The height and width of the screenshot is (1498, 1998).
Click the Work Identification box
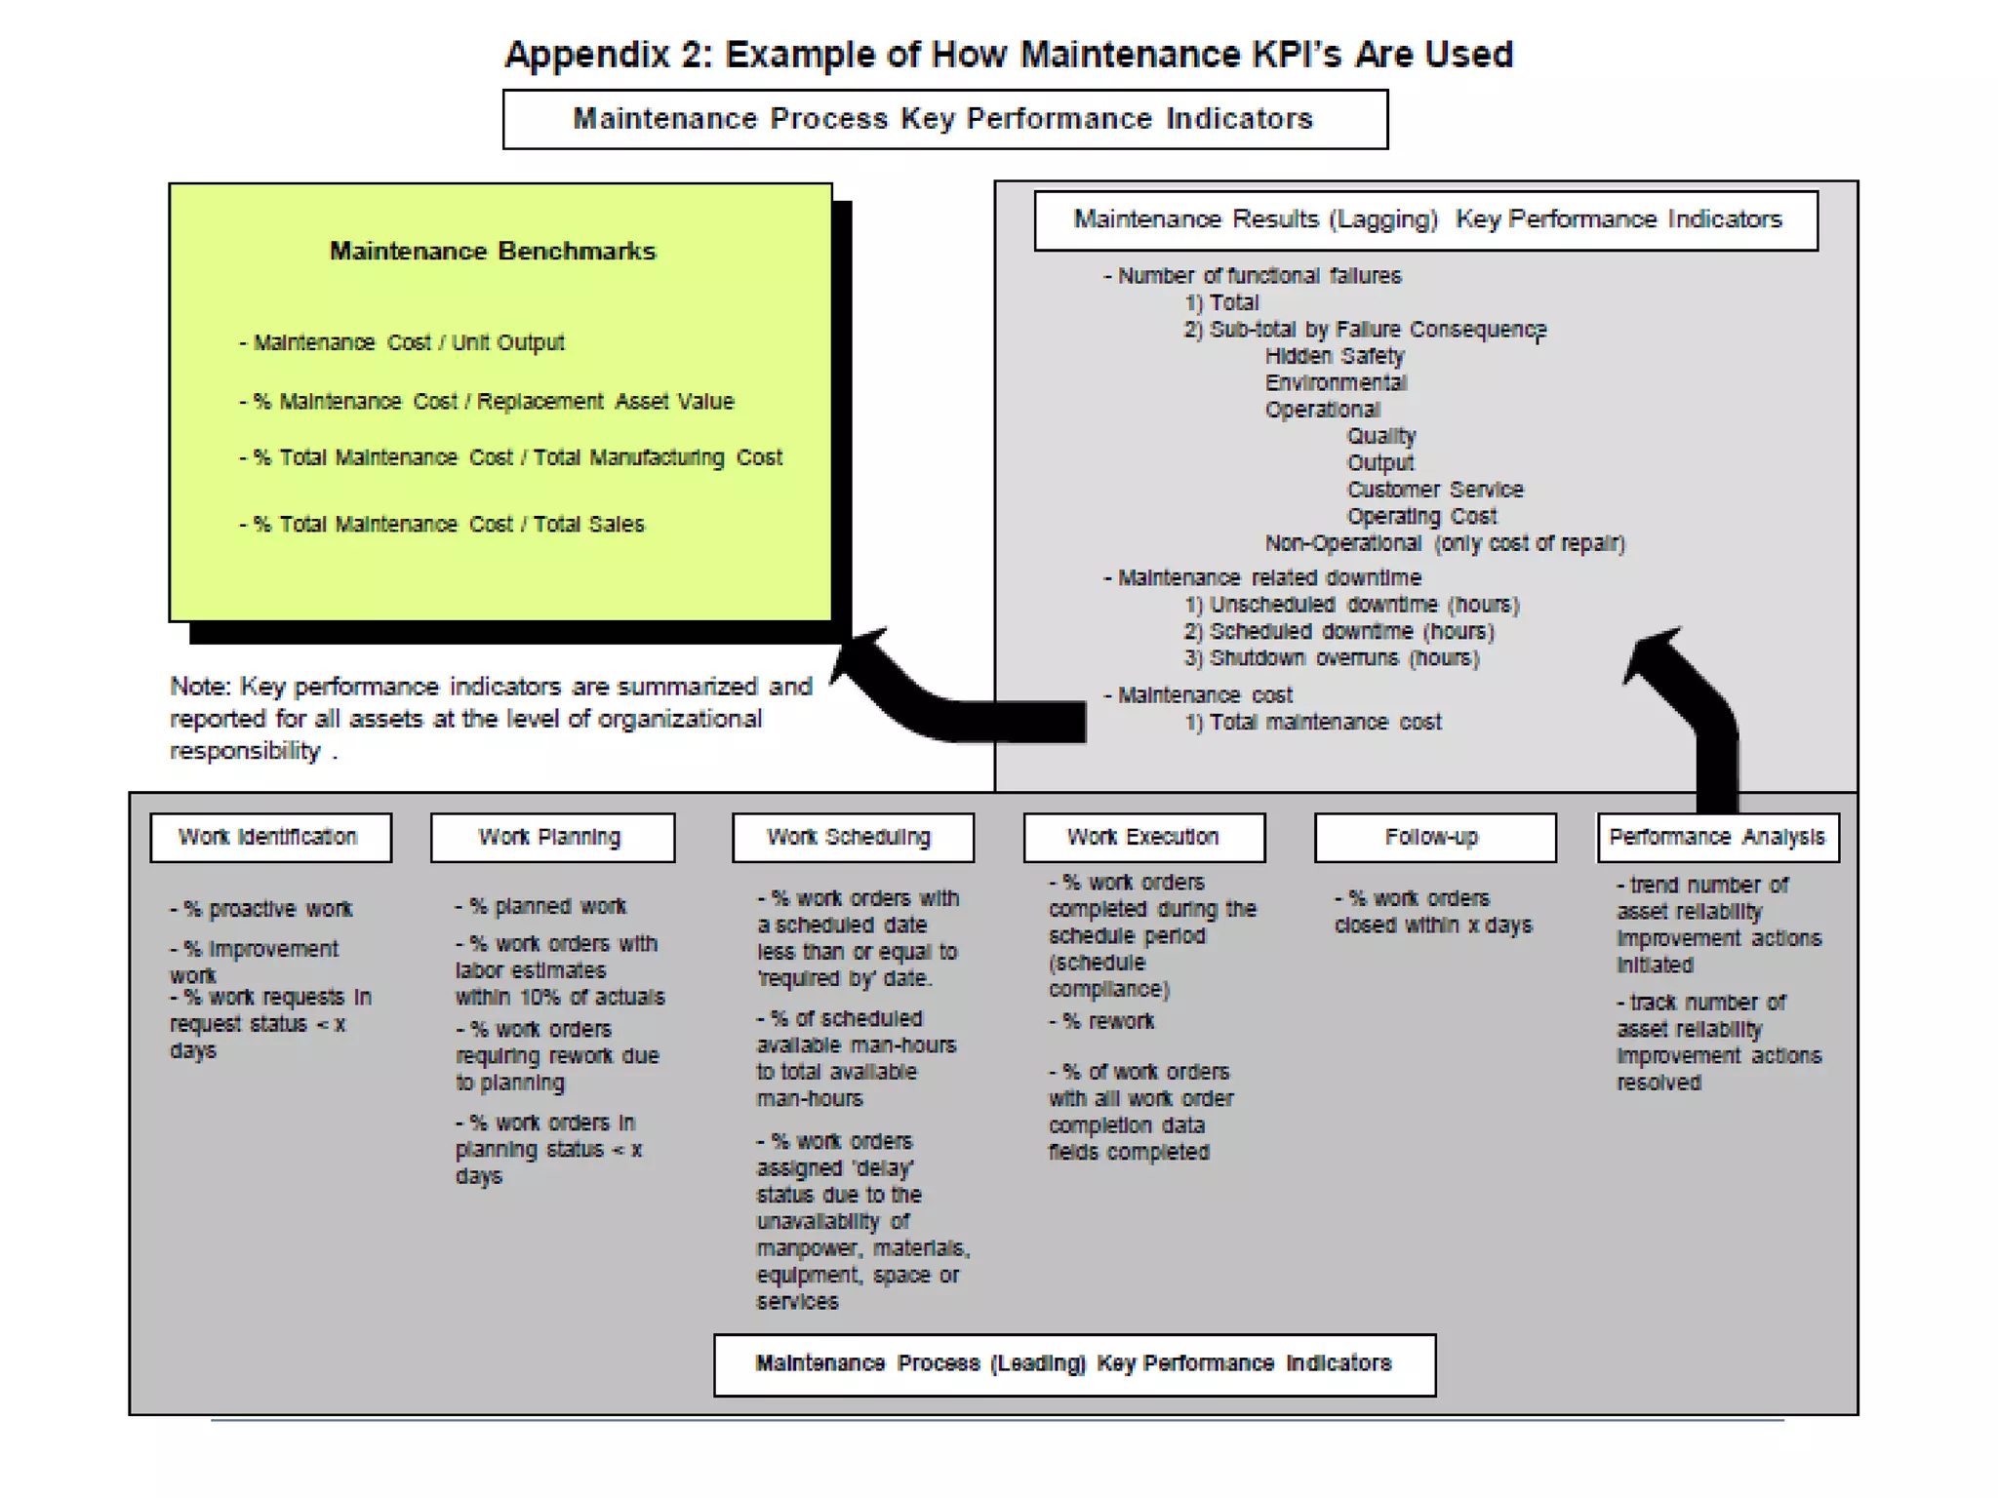270,838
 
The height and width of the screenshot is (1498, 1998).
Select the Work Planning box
552,838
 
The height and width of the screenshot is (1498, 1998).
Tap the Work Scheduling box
853,838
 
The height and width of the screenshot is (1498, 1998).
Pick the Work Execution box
1143,838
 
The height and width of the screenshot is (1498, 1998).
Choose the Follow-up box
1434,838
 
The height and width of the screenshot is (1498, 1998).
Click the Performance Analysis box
1717,838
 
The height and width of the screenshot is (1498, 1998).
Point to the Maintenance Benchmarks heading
493,252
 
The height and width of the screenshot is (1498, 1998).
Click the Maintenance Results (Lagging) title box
1425,220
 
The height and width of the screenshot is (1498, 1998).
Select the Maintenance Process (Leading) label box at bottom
1074,1364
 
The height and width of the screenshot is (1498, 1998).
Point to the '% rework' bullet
1107,1022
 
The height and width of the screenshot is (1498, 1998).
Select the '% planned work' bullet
541,907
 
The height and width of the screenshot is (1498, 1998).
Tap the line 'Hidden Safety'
1334,357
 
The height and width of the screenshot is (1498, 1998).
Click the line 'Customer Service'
1434,491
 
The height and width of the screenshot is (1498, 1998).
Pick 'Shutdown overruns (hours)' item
1332,659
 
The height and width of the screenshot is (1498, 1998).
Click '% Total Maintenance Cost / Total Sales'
442,525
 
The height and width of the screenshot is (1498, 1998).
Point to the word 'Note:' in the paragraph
200,687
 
